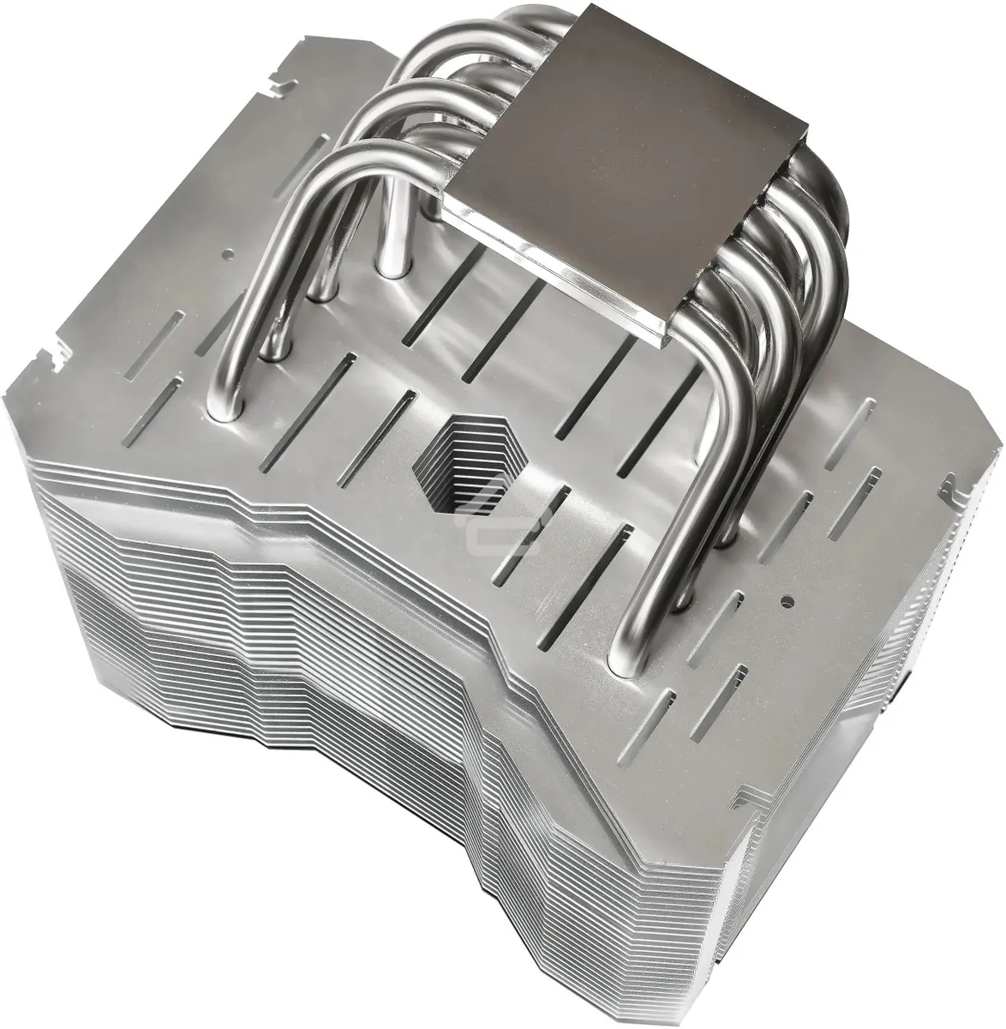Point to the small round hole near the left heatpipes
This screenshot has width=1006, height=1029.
click(x=228, y=255)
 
